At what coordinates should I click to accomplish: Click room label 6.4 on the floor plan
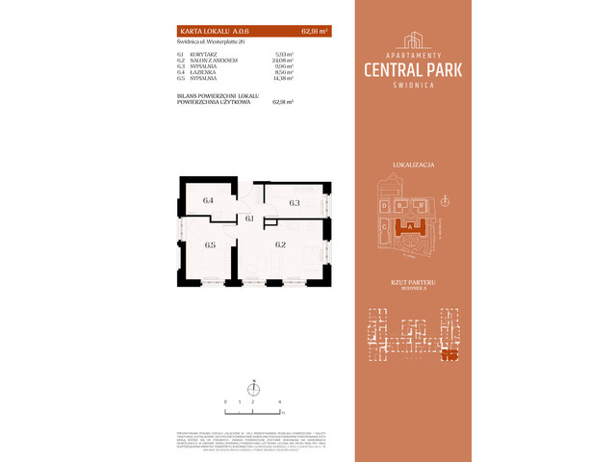tap(207, 201)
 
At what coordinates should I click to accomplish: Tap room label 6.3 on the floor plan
tap(295, 203)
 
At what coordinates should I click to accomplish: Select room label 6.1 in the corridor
tap(249, 219)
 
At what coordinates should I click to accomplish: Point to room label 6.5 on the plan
tap(210, 244)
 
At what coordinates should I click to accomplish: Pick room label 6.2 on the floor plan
tap(281, 244)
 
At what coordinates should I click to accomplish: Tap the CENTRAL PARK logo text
tap(413, 68)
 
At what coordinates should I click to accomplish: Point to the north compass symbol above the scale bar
tap(252, 387)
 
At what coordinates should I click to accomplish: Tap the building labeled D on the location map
tap(384, 204)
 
